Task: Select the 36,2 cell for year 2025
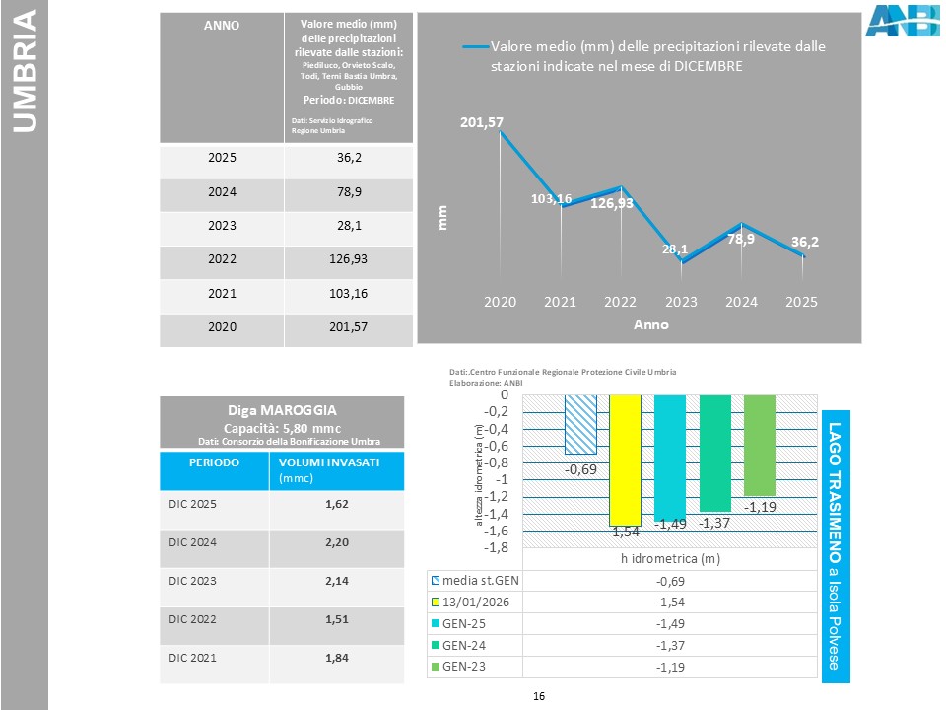point(348,157)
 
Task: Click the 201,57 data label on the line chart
point(481,122)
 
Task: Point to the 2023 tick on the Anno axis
point(681,303)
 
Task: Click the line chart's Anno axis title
point(650,324)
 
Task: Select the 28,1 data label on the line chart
point(675,249)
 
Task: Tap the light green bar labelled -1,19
point(760,445)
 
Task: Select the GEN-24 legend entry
point(467,645)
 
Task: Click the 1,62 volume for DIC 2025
point(337,503)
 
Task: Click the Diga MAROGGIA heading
point(282,408)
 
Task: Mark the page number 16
point(538,697)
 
